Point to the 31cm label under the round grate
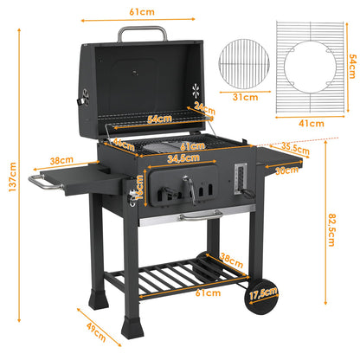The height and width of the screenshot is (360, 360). click(245, 98)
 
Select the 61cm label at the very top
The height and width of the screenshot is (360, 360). click(143, 12)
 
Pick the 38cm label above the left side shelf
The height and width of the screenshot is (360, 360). click(61, 161)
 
